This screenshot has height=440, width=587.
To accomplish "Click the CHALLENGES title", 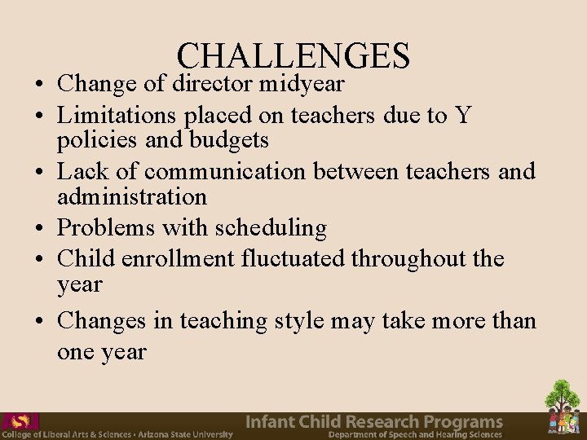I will click(293, 55).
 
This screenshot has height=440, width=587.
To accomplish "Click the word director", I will click(213, 83).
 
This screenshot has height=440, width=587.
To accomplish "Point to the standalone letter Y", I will click(463, 115).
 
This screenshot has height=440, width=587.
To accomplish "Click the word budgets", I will click(229, 140).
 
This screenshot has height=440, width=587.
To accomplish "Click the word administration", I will click(132, 196).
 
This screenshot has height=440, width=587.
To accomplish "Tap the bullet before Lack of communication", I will click(38, 173).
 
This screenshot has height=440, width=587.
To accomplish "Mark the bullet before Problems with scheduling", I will click(38, 229).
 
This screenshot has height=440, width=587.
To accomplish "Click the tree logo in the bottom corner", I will click(563, 407).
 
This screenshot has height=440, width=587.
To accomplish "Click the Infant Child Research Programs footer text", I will click(374, 422).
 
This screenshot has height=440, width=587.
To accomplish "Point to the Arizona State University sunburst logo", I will click(20, 422).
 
